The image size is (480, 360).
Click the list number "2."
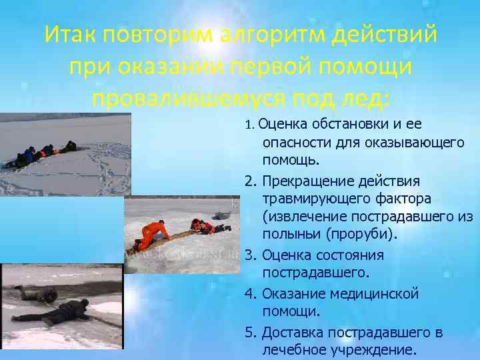pyautogui.click(x=251, y=181)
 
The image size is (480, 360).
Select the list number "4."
pyautogui.click(x=251, y=293)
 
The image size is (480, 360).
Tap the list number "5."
pyautogui.click(x=251, y=331)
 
